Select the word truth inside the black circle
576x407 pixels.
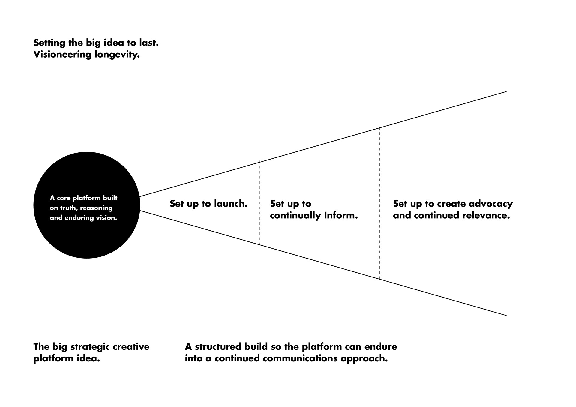[x=68, y=208]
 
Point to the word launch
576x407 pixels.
[x=231, y=204]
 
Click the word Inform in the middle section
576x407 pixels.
[x=341, y=215]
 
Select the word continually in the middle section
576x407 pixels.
[x=295, y=215]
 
